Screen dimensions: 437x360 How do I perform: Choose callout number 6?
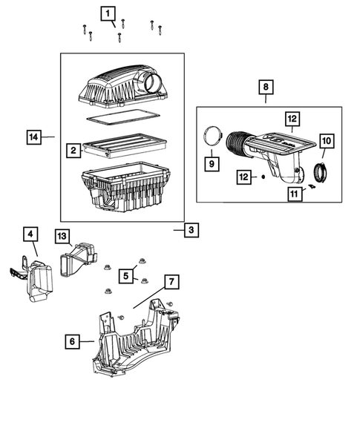pos(72,341)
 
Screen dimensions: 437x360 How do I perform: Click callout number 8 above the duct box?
pos(264,88)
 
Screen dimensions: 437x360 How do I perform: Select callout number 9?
pos(210,162)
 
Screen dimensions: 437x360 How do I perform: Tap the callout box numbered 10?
pos(327,140)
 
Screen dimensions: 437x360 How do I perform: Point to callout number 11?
pos(295,194)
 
